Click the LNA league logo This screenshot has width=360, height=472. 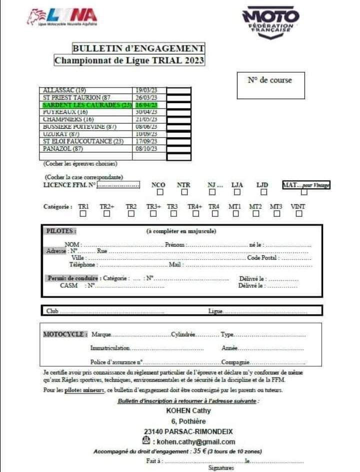coord(62,17)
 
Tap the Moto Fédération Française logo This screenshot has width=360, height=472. coord(270,22)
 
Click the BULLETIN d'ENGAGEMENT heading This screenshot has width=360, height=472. coord(138,49)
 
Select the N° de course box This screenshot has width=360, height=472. coord(270,86)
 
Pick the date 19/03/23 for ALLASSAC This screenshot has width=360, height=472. coord(146,90)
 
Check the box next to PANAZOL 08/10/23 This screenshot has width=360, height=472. coord(178,149)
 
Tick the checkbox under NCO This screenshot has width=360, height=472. coord(160,192)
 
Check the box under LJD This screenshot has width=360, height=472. coord(263,192)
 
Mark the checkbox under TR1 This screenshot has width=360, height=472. coord(83,214)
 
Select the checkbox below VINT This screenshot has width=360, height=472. coord(299,214)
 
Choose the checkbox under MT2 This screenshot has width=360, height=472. coord(255,214)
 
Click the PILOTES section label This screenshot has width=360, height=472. coord(61,231)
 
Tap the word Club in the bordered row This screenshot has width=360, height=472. coord(52,311)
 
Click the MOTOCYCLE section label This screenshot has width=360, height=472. coord(65,334)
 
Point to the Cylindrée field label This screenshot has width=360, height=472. coord(183,334)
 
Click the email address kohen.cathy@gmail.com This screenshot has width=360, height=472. coord(195,441)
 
